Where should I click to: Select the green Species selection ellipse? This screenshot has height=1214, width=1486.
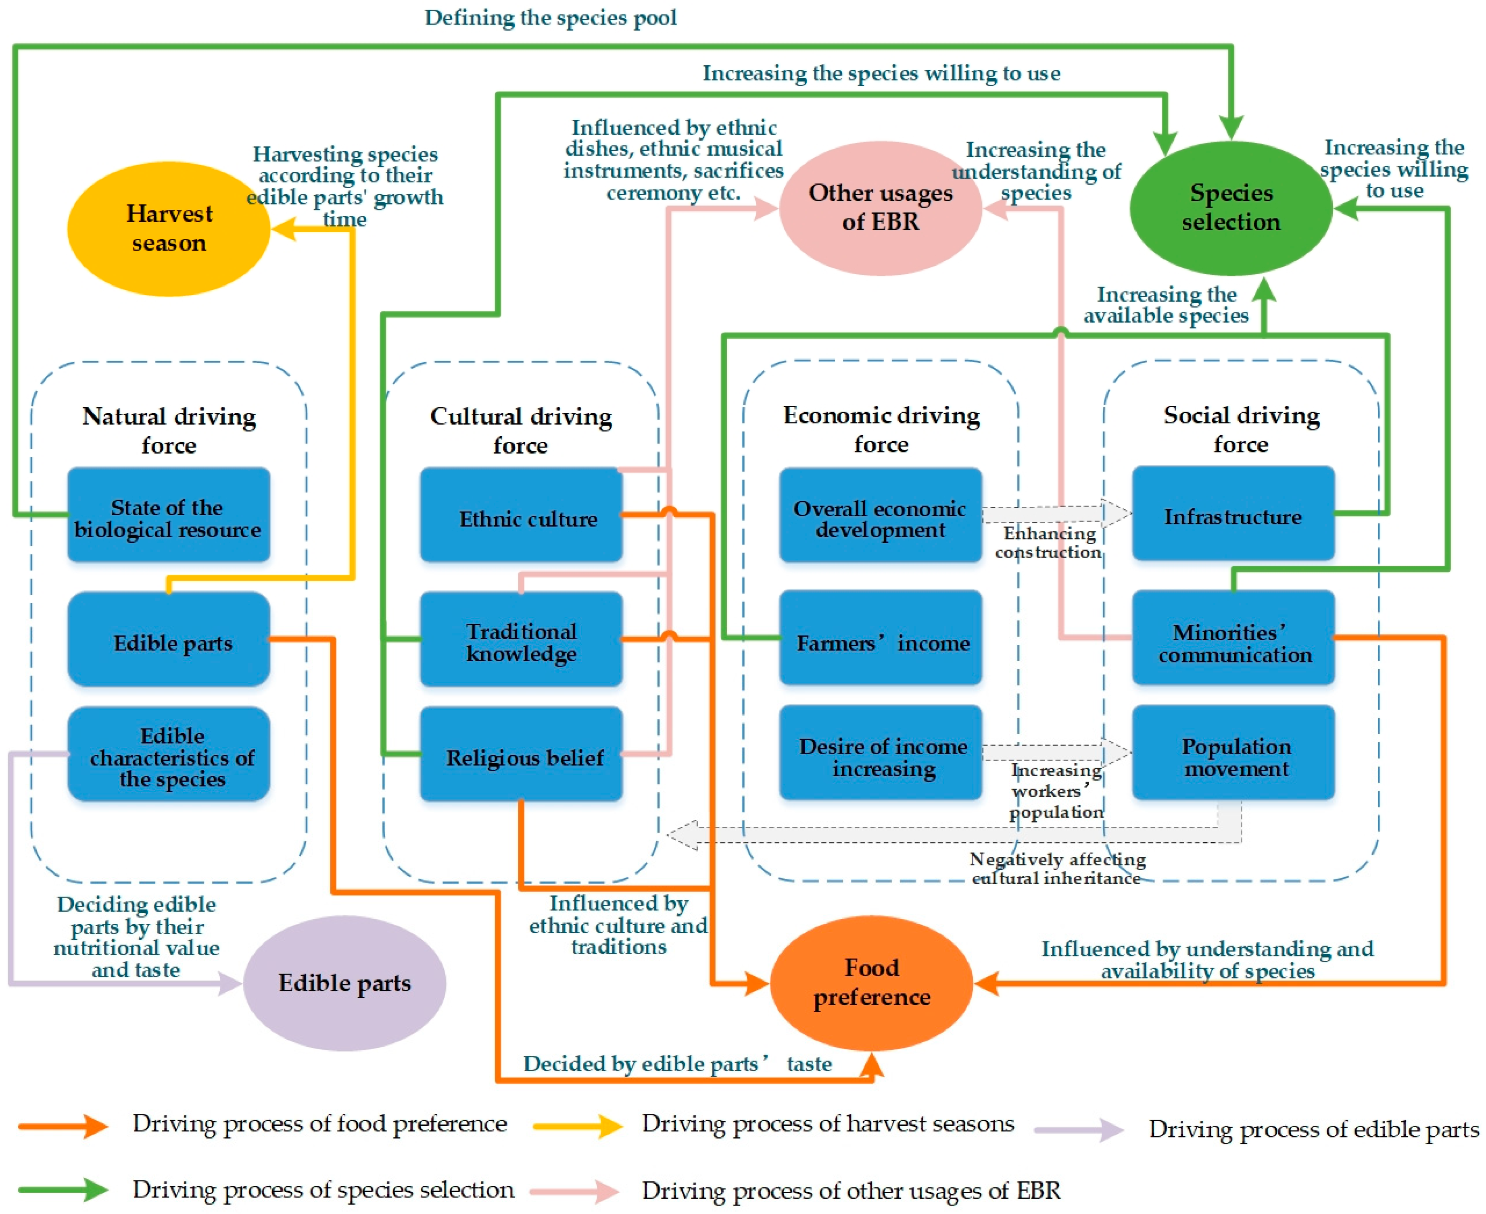(1231, 208)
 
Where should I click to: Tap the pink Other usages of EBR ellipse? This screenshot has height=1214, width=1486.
(880, 208)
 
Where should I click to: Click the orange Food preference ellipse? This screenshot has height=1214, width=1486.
(871, 983)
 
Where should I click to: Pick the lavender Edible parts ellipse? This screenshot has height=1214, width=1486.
(344, 983)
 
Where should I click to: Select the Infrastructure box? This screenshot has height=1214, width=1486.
(1233, 515)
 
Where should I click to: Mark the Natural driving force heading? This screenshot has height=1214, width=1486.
(169, 430)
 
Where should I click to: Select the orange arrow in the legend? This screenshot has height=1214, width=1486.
(63, 1126)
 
